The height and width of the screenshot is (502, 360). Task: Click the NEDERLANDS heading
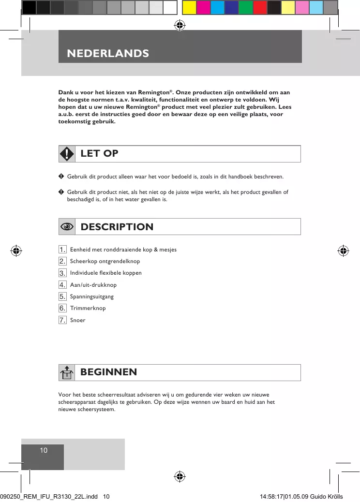pos(108,53)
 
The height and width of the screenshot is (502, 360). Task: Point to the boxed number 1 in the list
pos(62,250)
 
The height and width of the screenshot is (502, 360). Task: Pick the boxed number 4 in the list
pos(62,285)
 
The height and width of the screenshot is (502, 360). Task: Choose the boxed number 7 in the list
pos(62,320)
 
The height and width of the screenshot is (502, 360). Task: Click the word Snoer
pos(77,320)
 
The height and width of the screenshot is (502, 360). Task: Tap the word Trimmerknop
pos(88,308)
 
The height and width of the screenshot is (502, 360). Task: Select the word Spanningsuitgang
pos(92,296)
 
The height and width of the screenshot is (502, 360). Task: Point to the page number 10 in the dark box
pos(44,451)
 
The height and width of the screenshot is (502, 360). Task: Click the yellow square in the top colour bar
pos(189,7)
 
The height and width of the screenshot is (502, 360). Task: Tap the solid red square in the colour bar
pos(260,7)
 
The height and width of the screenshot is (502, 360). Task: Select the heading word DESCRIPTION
pos(117,227)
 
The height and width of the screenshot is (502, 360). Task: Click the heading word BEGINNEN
pos(108,372)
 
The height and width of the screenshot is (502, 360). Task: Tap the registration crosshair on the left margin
pos(16,251)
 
